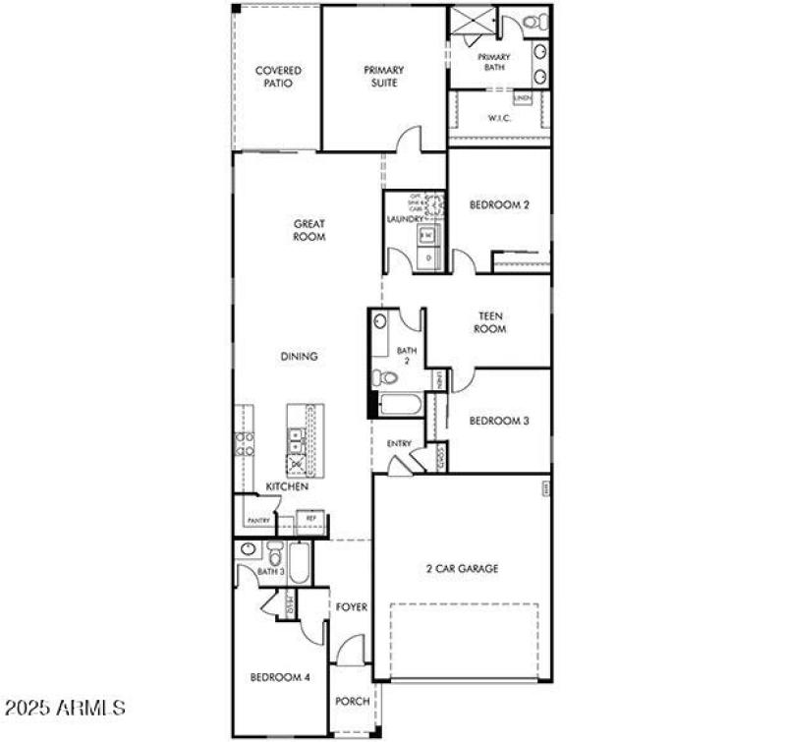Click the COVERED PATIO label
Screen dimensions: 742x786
(x=278, y=77)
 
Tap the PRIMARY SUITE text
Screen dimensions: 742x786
(x=383, y=77)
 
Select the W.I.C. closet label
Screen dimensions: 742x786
(x=498, y=118)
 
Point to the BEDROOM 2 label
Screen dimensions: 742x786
(x=499, y=205)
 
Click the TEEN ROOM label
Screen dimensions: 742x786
(x=491, y=322)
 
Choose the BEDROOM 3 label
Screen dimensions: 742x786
(x=499, y=421)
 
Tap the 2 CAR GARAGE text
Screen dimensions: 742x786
(x=462, y=568)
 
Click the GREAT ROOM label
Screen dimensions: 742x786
(x=309, y=230)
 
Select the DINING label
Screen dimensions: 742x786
(x=299, y=357)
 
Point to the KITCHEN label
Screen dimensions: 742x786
(x=287, y=486)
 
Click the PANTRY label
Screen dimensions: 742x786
(x=258, y=520)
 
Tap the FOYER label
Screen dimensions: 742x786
(x=351, y=607)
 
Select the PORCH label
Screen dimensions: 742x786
(x=351, y=701)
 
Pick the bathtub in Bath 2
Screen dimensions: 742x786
(x=398, y=404)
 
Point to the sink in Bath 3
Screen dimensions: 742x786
(x=248, y=549)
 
